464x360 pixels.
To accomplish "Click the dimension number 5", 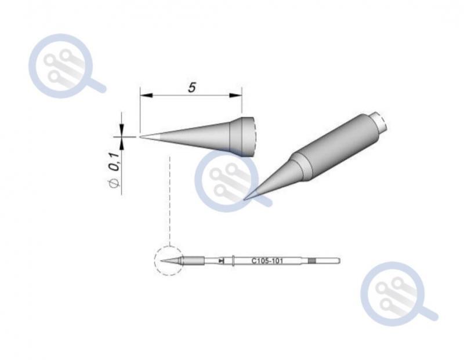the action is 192,88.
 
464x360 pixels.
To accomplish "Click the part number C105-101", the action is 267,261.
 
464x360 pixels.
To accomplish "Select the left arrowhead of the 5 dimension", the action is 147,95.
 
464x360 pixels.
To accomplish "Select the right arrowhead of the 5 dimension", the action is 236,95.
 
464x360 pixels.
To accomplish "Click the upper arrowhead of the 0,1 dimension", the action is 121,130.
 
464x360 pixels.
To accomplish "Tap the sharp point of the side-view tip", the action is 140,137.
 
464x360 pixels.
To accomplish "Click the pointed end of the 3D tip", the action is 244,199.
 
